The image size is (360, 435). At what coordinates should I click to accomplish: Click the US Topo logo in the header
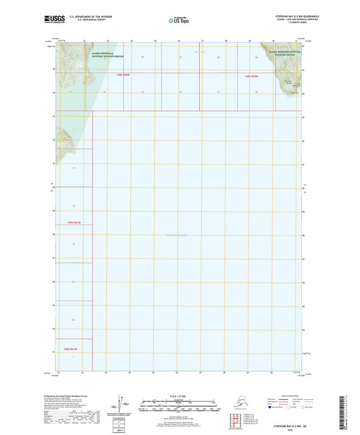coord(179,22)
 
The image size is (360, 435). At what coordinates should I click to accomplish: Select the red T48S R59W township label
coord(251,76)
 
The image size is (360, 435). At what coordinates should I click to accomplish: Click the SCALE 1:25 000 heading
coord(179,396)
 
